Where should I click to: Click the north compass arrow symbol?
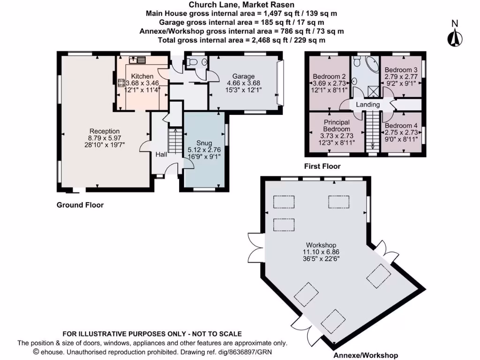coord(454,37)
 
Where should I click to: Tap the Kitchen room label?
coord(142,76)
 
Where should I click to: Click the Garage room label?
coord(243,76)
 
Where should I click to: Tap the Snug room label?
coord(204,143)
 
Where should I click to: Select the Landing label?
coord(367,104)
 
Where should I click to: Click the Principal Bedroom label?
coord(337,126)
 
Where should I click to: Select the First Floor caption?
coord(322,166)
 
